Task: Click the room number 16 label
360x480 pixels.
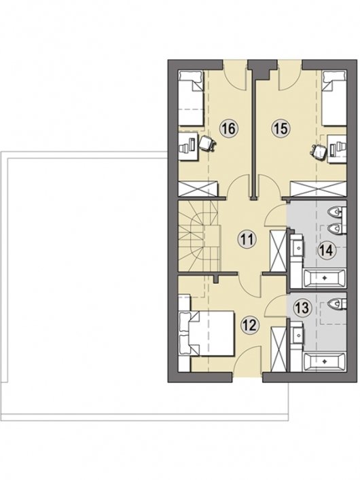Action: [229, 129]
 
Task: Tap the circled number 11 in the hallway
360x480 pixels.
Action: [247, 239]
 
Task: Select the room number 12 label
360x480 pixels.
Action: [250, 325]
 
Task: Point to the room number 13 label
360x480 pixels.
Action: [302, 308]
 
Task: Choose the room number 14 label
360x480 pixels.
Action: [325, 251]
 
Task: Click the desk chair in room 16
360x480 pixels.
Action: [207, 143]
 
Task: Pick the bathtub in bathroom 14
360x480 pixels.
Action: [325, 278]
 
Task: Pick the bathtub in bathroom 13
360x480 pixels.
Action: [325, 362]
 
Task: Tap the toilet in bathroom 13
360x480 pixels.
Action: [337, 303]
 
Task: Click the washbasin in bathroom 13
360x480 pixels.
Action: [298, 335]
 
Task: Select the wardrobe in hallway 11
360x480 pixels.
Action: [278, 251]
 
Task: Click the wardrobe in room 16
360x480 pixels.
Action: [198, 188]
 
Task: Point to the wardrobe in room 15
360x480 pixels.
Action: [319, 188]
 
